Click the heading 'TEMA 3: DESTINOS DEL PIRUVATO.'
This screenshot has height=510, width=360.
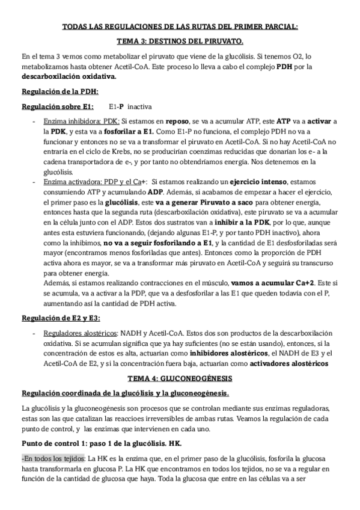180,41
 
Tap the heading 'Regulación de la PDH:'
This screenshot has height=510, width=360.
59,91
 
